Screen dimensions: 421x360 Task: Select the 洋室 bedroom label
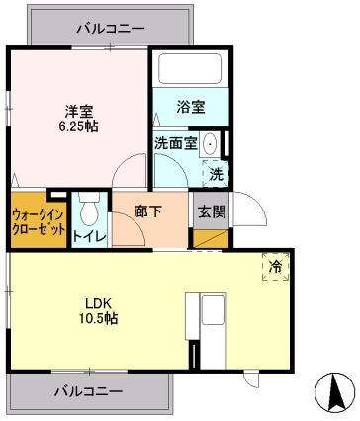coord(76,111)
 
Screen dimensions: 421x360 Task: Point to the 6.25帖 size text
coord(77,127)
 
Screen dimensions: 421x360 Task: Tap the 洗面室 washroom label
coord(175,142)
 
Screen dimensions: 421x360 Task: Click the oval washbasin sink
coord(210,144)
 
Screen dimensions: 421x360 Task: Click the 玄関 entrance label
coord(210,210)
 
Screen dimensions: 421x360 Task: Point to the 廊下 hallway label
coord(148,210)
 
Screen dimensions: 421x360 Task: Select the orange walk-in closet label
coord(39,219)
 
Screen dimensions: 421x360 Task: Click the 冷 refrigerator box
coord(275,265)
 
